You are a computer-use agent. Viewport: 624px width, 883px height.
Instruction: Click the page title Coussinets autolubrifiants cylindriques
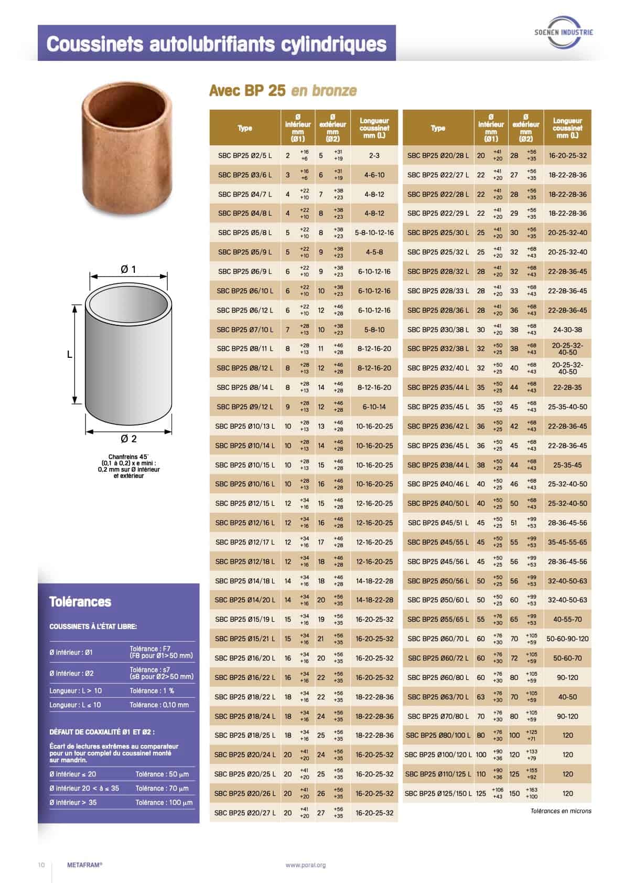tap(217, 44)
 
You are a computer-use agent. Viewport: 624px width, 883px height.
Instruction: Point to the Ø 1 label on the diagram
tap(128, 269)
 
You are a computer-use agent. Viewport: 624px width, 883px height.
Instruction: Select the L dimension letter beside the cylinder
tap(69, 355)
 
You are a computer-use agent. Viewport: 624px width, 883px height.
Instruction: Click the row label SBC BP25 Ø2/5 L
tap(245, 155)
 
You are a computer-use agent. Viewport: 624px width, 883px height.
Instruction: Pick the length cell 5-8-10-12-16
tap(374, 232)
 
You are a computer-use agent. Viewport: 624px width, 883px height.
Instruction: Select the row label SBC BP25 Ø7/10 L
tap(245, 329)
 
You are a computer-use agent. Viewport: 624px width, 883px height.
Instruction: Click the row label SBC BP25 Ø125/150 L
tap(438, 793)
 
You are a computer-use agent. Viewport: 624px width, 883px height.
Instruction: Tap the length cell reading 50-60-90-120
tap(567, 639)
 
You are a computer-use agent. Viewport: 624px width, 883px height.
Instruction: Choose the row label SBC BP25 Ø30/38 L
tap(438, 329)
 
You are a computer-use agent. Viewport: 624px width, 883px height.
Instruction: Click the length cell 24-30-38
tap(567, 329)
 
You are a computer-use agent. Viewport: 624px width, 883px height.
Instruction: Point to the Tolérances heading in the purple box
tap(80, 602)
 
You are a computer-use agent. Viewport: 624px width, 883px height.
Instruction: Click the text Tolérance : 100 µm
tap(164, 802)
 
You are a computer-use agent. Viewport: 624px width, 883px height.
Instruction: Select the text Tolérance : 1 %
tap(152, 690)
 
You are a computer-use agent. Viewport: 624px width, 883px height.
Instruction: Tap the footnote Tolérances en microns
tap(561, 811)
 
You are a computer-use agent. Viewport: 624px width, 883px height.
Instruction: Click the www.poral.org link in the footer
tap(306, 865)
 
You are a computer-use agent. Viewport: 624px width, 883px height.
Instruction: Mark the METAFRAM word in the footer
tap(84, 865)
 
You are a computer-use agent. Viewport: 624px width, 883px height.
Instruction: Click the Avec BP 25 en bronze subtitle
tap(283, 91)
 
